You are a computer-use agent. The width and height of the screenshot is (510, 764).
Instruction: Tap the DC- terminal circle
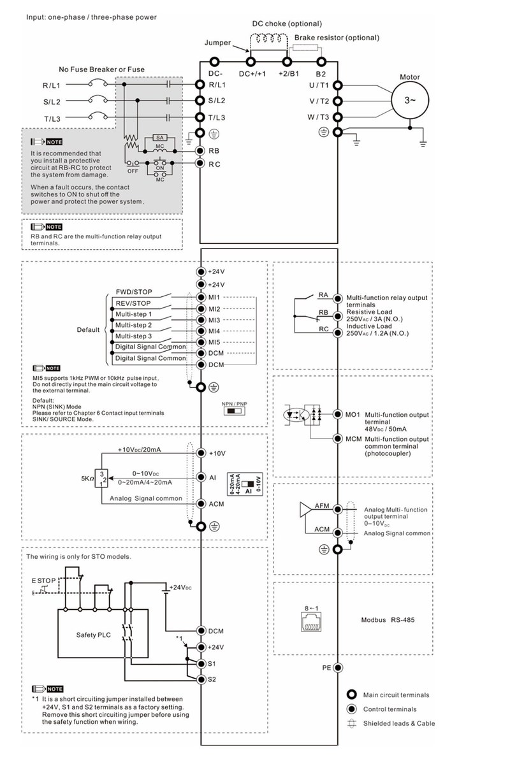pyautogui.click(x=214, y=62)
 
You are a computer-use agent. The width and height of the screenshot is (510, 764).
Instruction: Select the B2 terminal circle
pyautogui.click(x=321, y=62)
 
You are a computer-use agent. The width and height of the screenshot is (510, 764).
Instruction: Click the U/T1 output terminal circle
pyautogui.click(x=337, y=85)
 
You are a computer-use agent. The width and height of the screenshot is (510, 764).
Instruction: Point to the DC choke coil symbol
pyautogui.click(x=266, y=38)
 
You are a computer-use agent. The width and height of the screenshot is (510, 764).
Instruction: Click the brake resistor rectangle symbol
pyautogui.click(x=305, y=48)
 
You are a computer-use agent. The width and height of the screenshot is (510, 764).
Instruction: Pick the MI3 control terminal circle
pyautogui.click(x=201, y=320)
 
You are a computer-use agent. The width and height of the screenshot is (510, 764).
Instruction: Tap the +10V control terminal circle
pyautogui.click(x=201, y=453)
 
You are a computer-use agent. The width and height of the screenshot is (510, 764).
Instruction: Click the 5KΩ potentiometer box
pyautogui.click(x=101, y=478)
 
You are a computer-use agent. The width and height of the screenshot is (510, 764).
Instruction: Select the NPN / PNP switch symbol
pyautogui.click(x=235, y=411)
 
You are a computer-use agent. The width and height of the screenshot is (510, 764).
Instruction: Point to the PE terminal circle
pyautogui.click(x=337, y=668)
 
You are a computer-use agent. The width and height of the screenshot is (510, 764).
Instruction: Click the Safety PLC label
pyautogui.click(x=93, y=635)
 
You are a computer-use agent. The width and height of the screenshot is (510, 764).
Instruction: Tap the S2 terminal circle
pyautogui.click(x=201, y=679)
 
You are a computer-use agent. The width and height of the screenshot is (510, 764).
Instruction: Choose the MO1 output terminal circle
pyautogui.click(x=337, y=414)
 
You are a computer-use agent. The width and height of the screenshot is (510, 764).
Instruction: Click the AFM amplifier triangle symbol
pyautogui.click(x=305, y=509)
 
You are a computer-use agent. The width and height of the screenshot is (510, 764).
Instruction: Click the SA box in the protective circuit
pyautogui.click(x=160, y=138)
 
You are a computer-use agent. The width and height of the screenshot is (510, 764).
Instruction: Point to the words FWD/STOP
pyautogui.click(x=134, y=292)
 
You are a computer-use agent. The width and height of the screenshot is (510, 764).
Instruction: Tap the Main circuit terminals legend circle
pyautogui.click(x=351, y=695)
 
